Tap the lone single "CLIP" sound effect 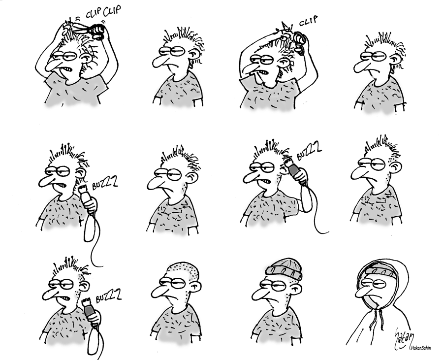click(x=308, y=21)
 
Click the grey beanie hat click(x=284, y=269)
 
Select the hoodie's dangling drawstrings click(x=378, y=319)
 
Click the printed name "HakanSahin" click(x=421, y=348)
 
